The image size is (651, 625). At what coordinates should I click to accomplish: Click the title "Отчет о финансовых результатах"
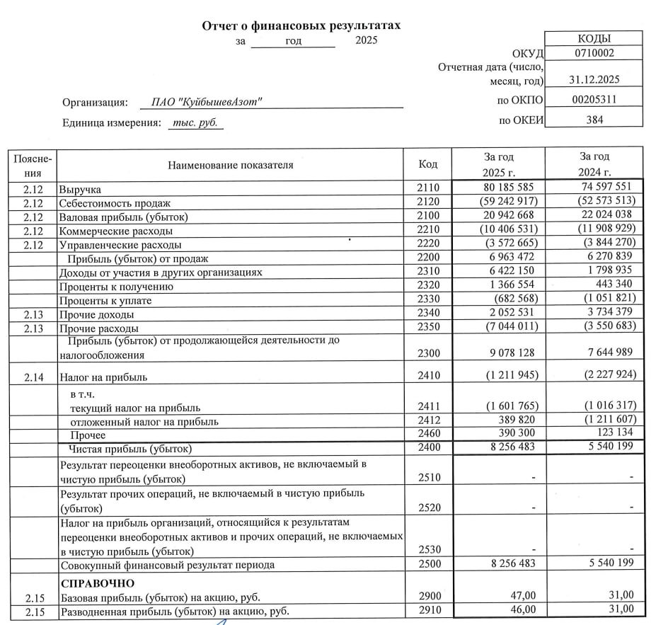301,25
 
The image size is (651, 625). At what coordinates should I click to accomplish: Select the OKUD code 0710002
594,53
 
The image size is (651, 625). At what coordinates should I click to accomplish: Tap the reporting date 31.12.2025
594,80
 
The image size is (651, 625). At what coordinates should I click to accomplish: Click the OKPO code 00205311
594,100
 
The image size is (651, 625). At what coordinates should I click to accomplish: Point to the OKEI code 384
594,120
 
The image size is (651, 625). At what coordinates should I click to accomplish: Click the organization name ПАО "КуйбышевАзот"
207,102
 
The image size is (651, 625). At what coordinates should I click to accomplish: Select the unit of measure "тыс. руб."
196,122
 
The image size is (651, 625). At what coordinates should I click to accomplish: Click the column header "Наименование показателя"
230,165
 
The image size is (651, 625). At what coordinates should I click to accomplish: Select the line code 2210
428,230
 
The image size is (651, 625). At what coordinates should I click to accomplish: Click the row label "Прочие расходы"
98,328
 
